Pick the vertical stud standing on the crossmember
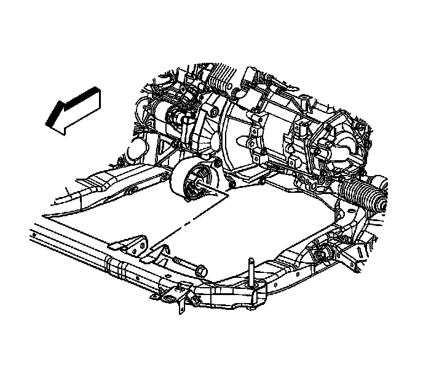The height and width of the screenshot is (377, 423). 251,271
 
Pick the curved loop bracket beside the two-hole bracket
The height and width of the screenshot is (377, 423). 157,253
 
